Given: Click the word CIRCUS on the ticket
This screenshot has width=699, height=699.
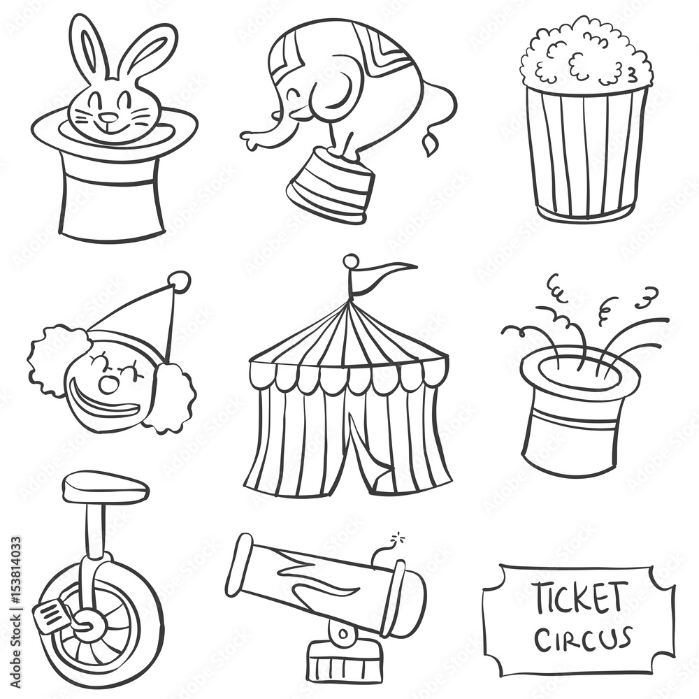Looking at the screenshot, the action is pos(583,640).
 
